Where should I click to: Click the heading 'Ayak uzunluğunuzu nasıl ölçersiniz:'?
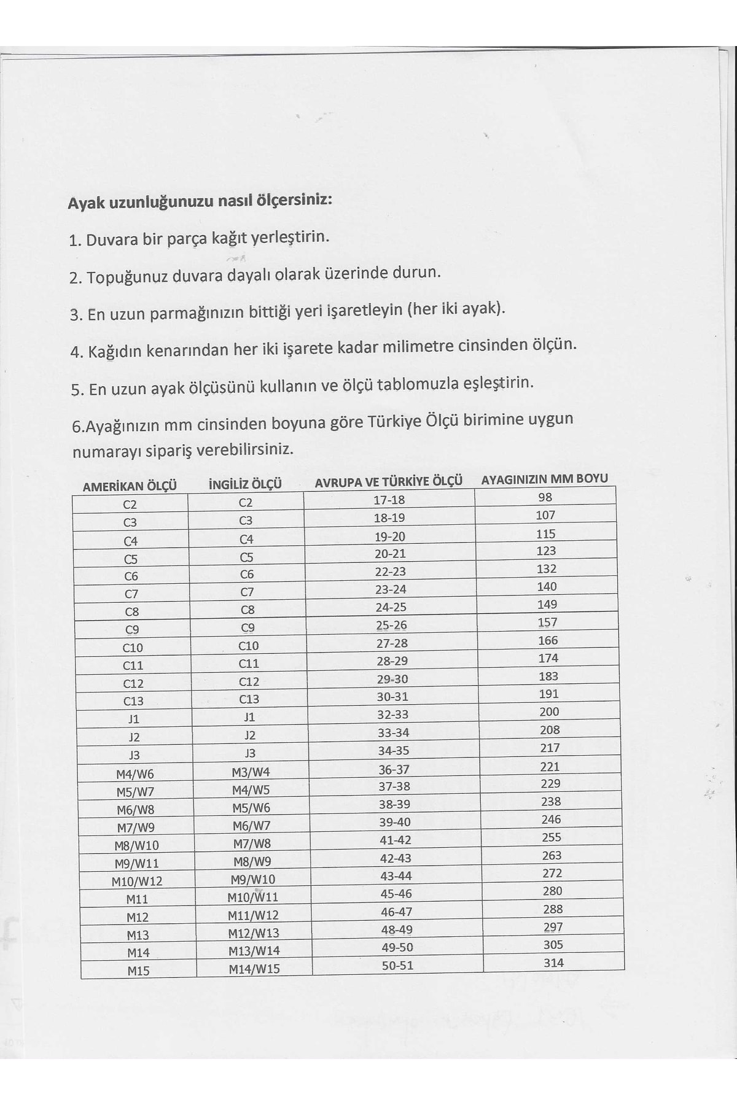[200, 201]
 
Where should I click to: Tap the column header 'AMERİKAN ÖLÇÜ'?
[130, 486]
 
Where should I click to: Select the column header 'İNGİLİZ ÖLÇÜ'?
[245, 484]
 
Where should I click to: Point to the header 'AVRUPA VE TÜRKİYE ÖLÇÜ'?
[388, 482]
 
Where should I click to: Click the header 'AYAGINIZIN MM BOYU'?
[544, 479]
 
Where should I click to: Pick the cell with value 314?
[553, 963]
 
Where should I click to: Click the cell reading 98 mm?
[545, 497]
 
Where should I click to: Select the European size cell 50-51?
[397, 965]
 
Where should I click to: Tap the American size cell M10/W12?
[137, 881]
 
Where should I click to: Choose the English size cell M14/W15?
[254, 969]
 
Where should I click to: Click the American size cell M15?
[138, 971]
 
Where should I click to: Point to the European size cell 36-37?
[394, 769]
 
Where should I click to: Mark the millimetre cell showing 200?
[549, 711]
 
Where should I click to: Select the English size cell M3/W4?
[251, 772]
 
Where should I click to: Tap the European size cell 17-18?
[389, 500]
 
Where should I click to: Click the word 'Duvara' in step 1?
[112, 239]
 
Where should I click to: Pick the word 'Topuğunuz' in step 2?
[127, 277]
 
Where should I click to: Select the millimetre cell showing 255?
[552, 837]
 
